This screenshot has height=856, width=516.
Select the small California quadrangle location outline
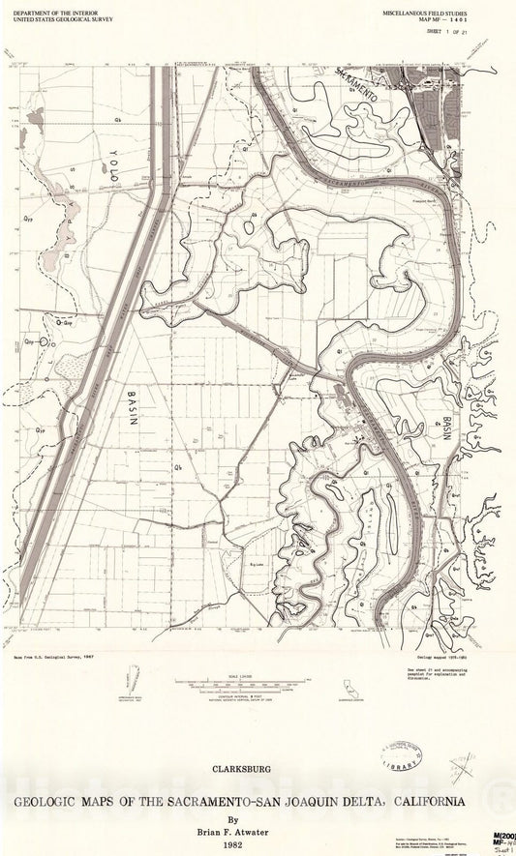point(346,689)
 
